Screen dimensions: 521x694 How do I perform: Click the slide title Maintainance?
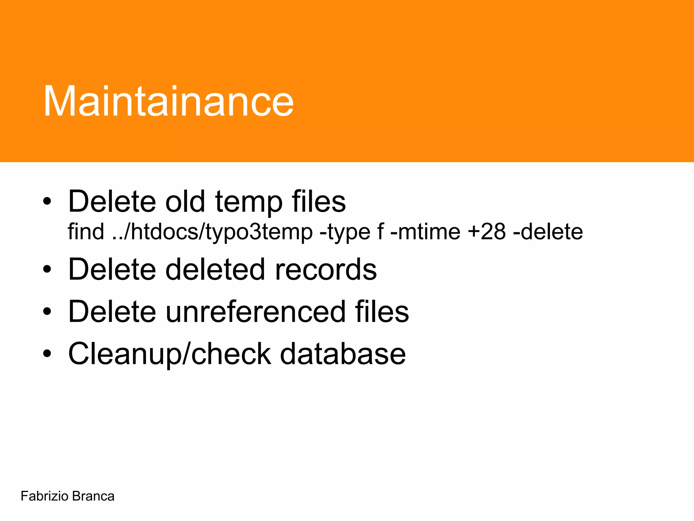tap(168, 101)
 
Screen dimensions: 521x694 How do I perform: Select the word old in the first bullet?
tap(185, 201)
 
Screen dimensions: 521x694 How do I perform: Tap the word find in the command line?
tap(86, 232)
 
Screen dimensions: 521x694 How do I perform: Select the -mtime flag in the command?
tap(425, 232)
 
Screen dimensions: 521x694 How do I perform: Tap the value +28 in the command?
tap(487, 232)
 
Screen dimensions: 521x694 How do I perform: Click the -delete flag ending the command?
tap(548, 232)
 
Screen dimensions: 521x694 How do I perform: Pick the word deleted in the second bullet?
tap(215, 269)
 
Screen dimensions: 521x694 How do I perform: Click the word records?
tap(326, 269)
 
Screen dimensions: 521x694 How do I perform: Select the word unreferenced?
tap(256, 311)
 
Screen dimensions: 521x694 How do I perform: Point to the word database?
tap(343, 354)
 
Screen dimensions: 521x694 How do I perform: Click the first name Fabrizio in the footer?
tap(44, 496)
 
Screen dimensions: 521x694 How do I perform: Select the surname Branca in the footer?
tap(93, 496)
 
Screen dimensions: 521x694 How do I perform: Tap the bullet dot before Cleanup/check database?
tap(47, 354)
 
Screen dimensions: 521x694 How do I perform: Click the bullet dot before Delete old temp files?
tap(47, 202)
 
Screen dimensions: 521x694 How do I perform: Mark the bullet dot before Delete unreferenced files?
tap(47, 311)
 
